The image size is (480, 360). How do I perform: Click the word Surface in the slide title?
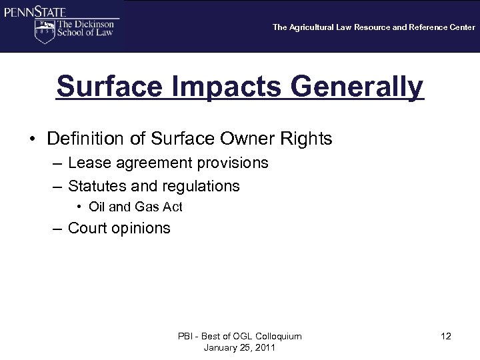[107, 87]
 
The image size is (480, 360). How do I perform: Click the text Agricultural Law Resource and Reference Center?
[383, 27]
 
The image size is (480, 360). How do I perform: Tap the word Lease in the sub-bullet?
[87, 163]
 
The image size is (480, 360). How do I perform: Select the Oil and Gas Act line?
[135, 207]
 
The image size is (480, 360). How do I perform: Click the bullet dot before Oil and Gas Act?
[80, 207]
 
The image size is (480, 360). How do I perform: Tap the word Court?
[89, 229]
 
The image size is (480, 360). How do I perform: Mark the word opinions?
[141, 229]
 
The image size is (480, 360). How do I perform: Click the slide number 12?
[446, 336]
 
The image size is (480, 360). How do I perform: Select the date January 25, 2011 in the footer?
[239, 347]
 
